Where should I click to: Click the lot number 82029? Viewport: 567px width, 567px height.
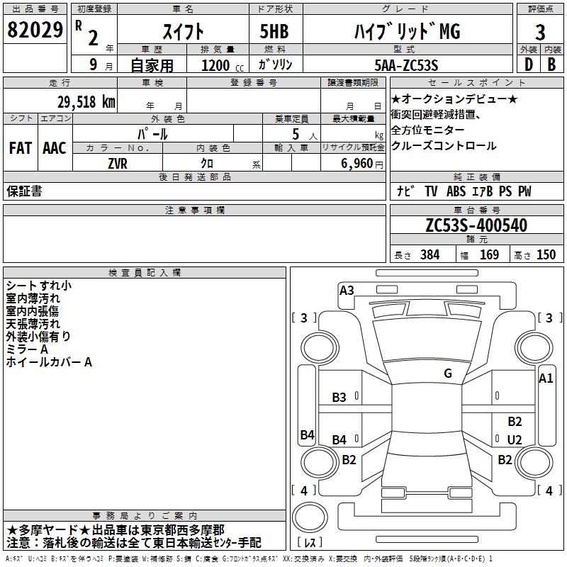click(35, 30)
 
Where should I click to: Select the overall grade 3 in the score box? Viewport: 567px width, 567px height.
click(540, 32)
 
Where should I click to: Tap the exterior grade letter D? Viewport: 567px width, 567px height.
click(529, 64)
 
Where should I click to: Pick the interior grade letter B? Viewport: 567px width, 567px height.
click(551, 64)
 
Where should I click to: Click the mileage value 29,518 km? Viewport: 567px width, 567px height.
click(86, 102)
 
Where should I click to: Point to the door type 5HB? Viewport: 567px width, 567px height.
click(274, 31)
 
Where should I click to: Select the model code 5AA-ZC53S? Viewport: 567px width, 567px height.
click(406, 65)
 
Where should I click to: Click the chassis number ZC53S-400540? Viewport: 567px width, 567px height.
click(476, 225)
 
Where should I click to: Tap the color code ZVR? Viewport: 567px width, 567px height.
click(118, 164)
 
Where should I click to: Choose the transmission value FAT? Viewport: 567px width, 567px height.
click(21, 148)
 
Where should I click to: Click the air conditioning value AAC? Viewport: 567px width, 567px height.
click(55, 148)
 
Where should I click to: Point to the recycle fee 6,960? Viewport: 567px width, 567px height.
click(357, 164)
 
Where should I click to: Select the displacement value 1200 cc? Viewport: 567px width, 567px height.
click(223, 65)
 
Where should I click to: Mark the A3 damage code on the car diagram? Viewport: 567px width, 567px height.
click(347, 291)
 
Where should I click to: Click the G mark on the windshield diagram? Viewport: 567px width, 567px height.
click(448, 374)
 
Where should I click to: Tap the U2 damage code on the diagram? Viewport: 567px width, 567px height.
click(515, 439)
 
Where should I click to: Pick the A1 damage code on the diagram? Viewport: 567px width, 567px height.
click(546, 378)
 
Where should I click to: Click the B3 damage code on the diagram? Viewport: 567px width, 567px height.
click(339, 398)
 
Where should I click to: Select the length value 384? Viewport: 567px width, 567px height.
click(430, 254)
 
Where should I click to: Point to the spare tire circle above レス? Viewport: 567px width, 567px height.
click(310, 517)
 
